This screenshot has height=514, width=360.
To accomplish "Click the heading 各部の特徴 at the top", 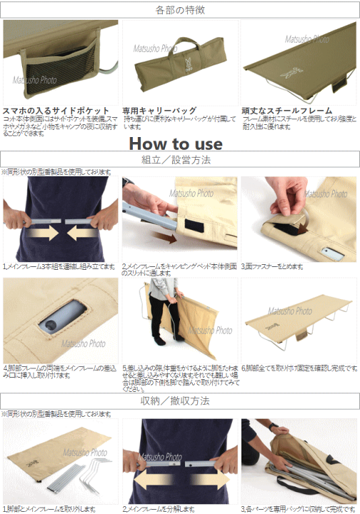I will click(179, 10).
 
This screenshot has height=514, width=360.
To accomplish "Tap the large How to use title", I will click(176, 143).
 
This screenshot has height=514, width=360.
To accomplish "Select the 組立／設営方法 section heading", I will click(179, 160).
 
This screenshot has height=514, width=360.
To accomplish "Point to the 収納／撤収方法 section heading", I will click(179, 400).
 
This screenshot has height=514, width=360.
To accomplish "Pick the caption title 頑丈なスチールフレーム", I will click(286, 111).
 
